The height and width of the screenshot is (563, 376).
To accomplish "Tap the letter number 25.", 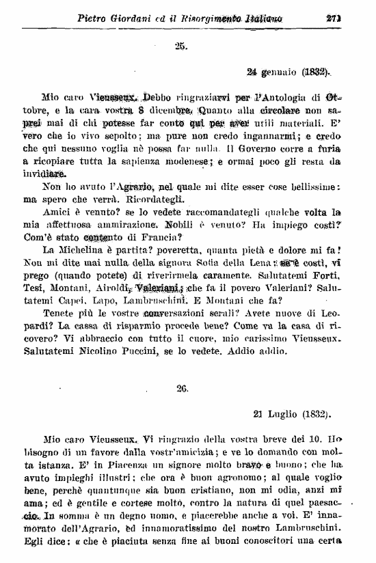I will click(180, 46).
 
